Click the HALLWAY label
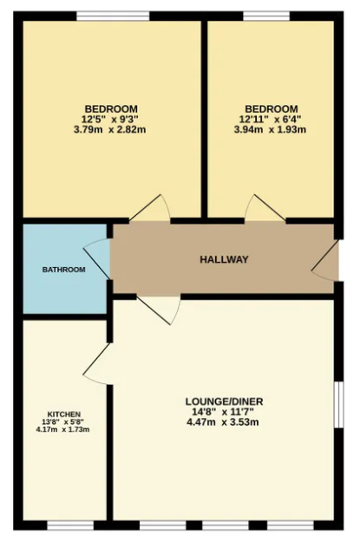click(x=224, y=259)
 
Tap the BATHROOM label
click(x=64, y=270)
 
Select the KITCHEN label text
click(x=64, y=414)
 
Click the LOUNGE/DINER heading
click(x=225, y=401)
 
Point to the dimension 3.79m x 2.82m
click(x=110, y=130)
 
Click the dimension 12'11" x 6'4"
click(x=271, y=120)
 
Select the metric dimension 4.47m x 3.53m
click(x=223, y=422)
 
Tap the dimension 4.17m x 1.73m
click(x=62, y=429)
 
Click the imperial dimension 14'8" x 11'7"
click(x=223, y=412)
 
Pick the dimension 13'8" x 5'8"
click(x=64, y=421)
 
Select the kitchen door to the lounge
click(x=97, y=363)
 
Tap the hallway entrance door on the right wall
click(x=324, y=260)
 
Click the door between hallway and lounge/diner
click(x=159, y=310)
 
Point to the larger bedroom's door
click(x=149, y=208)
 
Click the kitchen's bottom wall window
click(x=70, y=525)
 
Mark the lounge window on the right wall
click(x=339, y=405)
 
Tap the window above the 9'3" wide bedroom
click(x=113, y=16)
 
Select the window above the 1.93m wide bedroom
click(x=266, y=16)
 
